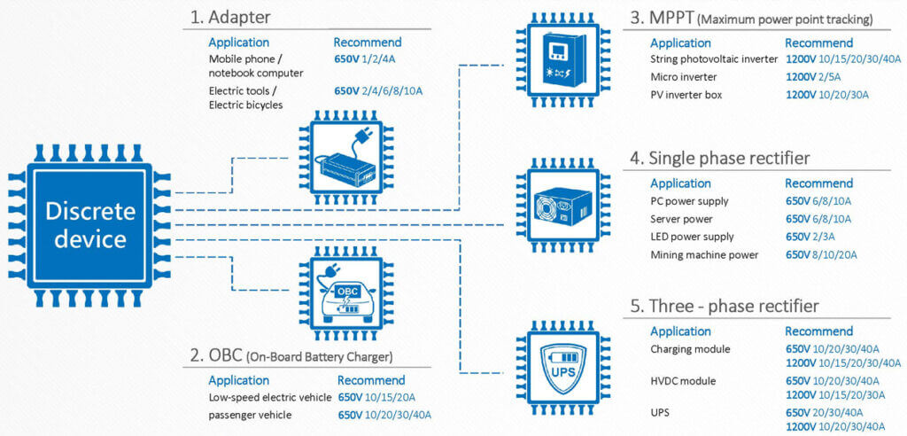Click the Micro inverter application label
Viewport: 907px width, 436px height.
click(x=684, y=77)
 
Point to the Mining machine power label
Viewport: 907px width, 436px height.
click(x=704, y=255)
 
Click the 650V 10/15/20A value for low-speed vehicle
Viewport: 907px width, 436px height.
click(x=376, y=398)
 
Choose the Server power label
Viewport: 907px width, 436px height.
click(x=681, y=219)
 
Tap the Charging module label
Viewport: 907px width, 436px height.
click(x=690, y=349)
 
